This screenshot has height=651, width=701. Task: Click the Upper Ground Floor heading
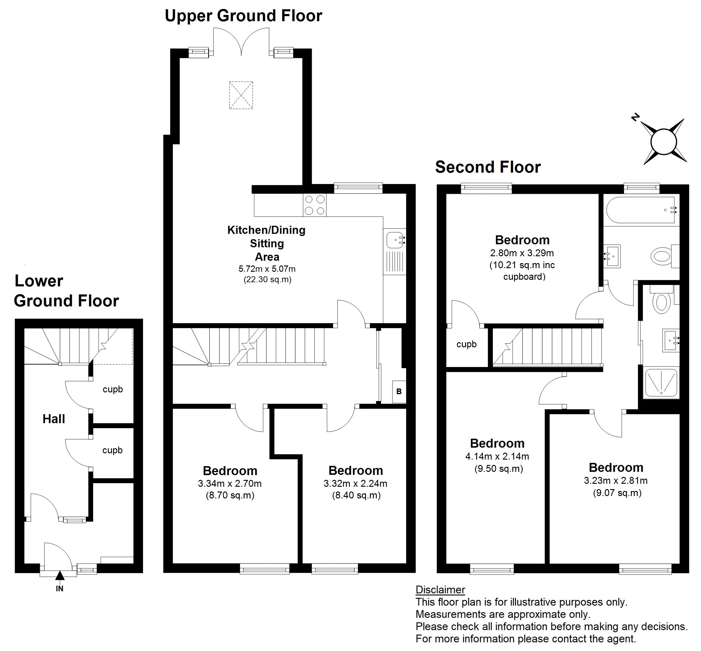tap(243, 16)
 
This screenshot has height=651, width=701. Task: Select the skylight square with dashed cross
tap(241, 95)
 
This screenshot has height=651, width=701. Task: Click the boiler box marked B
tap(399, 391)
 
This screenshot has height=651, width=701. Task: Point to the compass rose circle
tap(664, 142)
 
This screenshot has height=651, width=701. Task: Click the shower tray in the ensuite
tap(661, 384)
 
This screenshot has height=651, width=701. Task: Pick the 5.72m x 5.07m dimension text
tap(267, 269)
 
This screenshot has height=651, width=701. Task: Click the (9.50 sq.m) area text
tap(499, 469)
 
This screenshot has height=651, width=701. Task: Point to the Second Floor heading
tap(488, 167)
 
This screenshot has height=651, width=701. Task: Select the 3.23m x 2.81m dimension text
tap(616, 480)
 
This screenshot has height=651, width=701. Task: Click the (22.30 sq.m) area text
tap(268, 280)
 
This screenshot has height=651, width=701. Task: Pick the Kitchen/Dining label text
tap(266, 230)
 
